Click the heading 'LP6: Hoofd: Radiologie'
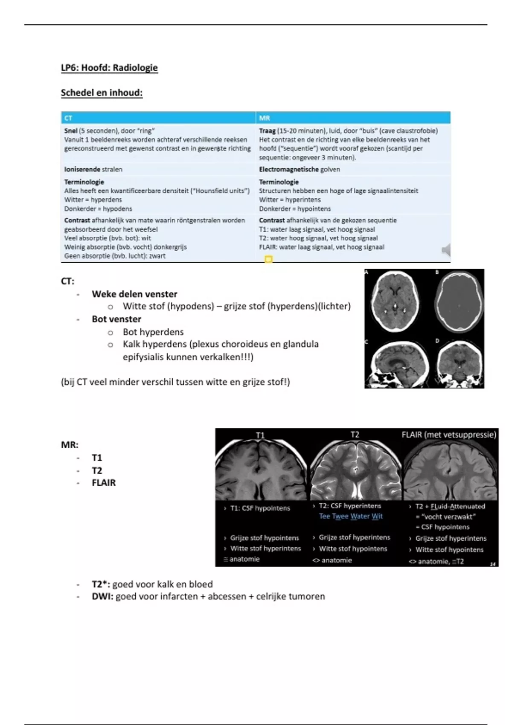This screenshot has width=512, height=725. coord(109,68)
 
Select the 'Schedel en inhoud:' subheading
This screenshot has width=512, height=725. coord(102,93)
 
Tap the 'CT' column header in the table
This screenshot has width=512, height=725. coord(68,118)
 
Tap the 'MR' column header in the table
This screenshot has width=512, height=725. coord(264,118)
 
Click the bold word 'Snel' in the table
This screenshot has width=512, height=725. coord(71,131)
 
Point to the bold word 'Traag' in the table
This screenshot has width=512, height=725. coord(267,131)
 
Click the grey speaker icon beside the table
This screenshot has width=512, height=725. coord(446,249)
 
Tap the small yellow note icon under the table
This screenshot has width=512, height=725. coord(268,259)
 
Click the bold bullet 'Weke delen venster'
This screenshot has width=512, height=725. coord(134,294)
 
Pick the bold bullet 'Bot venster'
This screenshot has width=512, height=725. coord(116,319)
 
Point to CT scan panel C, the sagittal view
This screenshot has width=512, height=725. coord(395,364)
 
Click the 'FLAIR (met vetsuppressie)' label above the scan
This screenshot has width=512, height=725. coord(449,435)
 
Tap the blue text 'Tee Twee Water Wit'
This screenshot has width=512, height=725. coord(351,516)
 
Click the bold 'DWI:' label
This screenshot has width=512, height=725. coord(102,597)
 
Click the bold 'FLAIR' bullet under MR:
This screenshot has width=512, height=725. coord(104,483)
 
